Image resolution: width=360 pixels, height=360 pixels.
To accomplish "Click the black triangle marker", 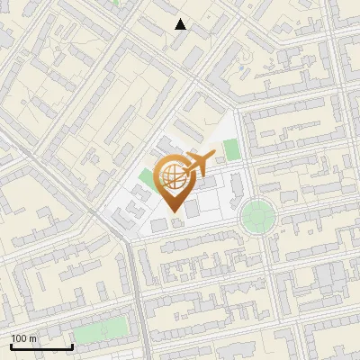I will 181,24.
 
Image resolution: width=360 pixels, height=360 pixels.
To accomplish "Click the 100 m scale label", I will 23,339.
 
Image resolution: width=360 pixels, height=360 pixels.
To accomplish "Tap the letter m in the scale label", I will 33,339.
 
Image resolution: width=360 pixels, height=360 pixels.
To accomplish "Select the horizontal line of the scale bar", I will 41,346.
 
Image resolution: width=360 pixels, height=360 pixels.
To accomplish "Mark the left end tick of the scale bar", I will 11,345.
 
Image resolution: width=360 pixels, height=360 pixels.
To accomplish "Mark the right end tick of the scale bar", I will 72,345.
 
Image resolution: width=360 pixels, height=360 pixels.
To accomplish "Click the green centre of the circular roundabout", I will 256,216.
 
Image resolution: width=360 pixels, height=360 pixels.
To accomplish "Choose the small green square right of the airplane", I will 232,148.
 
